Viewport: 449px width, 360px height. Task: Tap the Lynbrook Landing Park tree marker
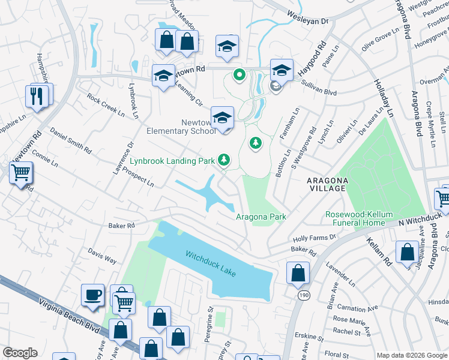224,160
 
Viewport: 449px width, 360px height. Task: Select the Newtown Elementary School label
181,127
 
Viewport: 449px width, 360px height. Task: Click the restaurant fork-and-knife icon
36,95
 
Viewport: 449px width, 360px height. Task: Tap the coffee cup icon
93,295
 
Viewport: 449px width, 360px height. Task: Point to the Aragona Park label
261,217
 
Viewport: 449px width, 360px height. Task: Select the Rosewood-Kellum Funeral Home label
355,218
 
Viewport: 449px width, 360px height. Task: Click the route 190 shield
303,295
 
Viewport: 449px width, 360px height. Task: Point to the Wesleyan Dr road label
308,20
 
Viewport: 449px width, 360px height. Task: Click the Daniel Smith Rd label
71,140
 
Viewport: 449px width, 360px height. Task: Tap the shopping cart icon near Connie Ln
21,173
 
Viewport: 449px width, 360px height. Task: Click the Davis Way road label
102,256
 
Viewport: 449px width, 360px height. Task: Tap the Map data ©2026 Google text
412,355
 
